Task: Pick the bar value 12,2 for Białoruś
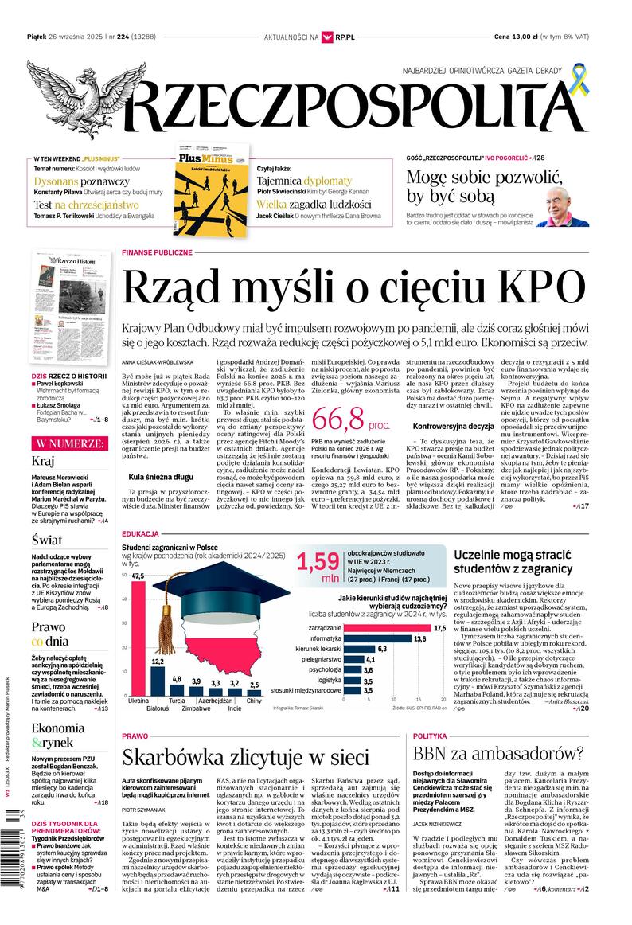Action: click(158, 662)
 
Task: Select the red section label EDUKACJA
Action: click(140, 533)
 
